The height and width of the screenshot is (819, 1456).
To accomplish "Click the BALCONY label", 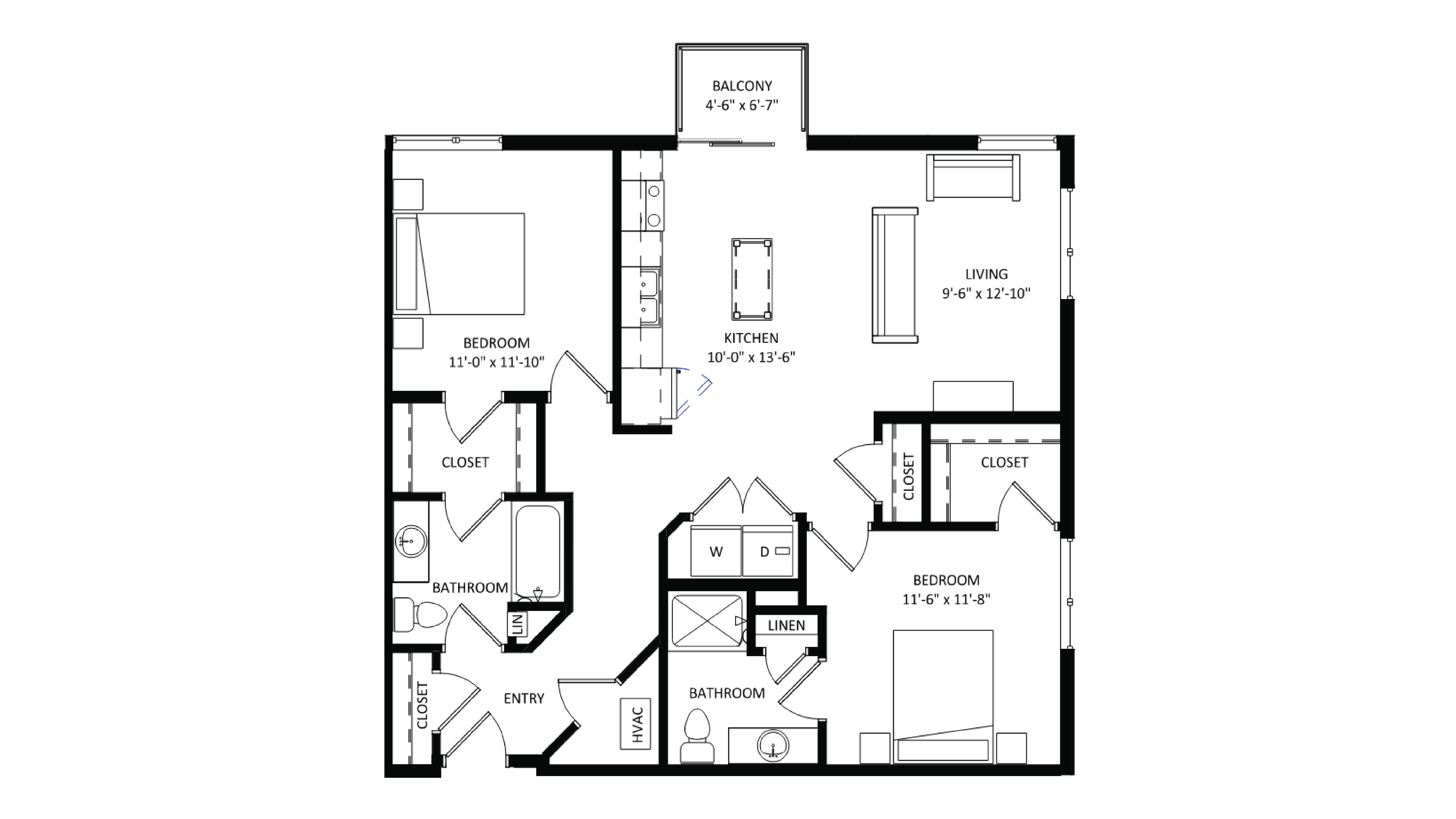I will (x=742, y=86).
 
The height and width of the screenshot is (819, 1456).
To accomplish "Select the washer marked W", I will (x=716, y=551).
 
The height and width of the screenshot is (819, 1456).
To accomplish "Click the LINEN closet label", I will (x=786, y=625).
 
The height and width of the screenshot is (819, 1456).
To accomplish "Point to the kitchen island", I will (x=752, y=279).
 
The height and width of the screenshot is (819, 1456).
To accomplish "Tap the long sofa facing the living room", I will (x=894, y=275).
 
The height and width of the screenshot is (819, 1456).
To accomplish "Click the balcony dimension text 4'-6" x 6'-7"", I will (x=742, y=105).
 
